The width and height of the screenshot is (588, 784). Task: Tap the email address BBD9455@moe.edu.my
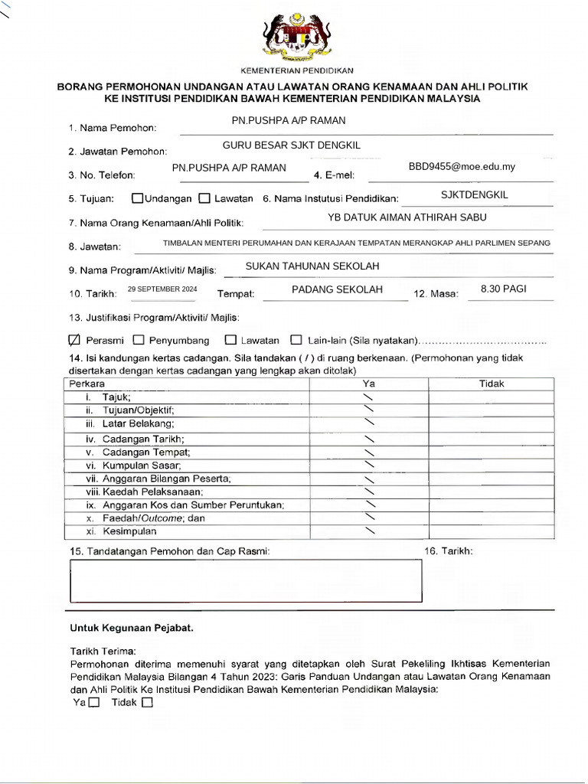pyautogui.click(x=462, y=167)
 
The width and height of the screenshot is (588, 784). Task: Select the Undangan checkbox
pyautogui.click(x=137, y=198)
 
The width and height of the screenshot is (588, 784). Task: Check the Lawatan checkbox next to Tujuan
pyautogui.click(x=204, y=198)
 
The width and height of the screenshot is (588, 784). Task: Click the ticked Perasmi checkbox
pyautogui.click(x=74, y=339)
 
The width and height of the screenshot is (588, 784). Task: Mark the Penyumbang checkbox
pyautogui.click(x=139, y=339)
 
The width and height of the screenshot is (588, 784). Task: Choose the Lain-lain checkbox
pyautogui.click(x=296, y=339)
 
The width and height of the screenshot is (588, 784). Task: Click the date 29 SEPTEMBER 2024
pyautogui.click(x=162, y=289)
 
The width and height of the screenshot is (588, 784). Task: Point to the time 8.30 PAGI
pyautogui.click(x=503, y=289)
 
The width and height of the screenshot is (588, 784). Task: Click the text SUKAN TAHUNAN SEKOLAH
pyautogui.click(x=312, y=266)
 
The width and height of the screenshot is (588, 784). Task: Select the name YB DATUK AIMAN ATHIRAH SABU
pyautogui.click(x=407, y=217)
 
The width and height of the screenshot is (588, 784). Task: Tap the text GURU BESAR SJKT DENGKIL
pyautogui.click(x=291, y=145)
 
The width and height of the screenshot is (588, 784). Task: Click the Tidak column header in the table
pyautogui.click(x=492, y=384)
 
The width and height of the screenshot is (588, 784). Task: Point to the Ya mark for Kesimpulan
pyautogui.click(x=371, y=531)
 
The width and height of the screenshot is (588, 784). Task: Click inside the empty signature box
pyautogui.click(x=245, y=581)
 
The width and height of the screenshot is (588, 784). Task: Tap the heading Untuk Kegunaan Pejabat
pyautogui.click(x=132, y=628)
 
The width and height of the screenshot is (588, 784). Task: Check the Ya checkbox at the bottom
pyautogui.click(x=93, y=702)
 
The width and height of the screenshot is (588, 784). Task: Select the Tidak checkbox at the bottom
pyautogui.click(x=147, y=702)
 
